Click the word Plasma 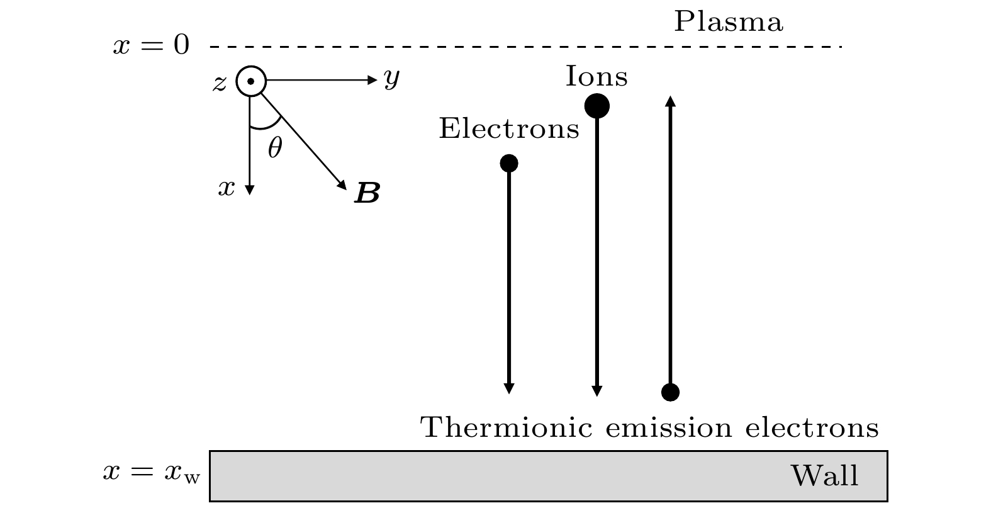point(728,22)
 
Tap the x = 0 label point(151,46)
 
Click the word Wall point(824,475)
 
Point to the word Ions point(596,77)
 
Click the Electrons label point(508,128)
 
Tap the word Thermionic point(507,427)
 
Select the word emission point(669,428)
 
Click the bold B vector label point(367,193)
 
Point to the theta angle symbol point(275,148)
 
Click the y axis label point(392,79)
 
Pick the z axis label point(219,82)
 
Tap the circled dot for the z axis point(251,81)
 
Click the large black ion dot point(597,105)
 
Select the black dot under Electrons point(509,163)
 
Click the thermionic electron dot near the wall point(671,392)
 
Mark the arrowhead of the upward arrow point(671,101)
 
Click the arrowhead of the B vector point(343,185)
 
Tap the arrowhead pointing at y point(372,80)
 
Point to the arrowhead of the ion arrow point(597,391)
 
